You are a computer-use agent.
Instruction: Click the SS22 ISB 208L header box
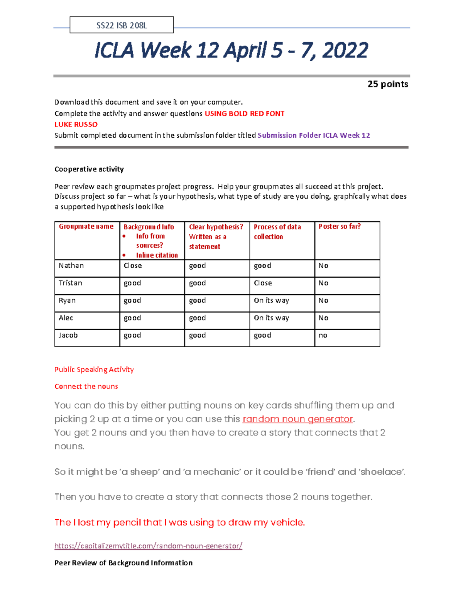click(x=122, y=25)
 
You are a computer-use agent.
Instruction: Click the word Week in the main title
click(x=166, y=51)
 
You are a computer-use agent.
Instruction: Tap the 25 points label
click(x=387, y=84)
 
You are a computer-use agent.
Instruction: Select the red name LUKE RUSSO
click(x=76, y=124)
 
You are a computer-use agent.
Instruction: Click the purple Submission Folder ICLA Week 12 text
click(x=314, y=135)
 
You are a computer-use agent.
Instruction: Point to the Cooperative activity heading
click(x=89, y=169)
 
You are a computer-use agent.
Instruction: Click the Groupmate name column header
click(x=86, y=226)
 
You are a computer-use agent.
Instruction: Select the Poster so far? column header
click(x=340, y=226)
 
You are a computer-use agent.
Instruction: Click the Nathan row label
click(x=71, y=265)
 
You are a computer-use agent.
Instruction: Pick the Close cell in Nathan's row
click(x=133, y=265)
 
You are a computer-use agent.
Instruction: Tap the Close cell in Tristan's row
click(x=263, y=283)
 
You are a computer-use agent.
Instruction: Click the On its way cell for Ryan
click(x=271, y=300)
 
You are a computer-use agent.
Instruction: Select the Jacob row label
click(x=68, y=335)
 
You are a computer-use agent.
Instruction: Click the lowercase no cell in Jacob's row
click(x=323, y=335)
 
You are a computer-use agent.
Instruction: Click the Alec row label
click(x=66, y=318)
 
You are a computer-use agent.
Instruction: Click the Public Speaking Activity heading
click(x=94, y=370)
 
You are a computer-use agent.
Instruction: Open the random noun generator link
click(x=297, y=419)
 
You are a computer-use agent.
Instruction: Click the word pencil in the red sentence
click(x=127, y=522)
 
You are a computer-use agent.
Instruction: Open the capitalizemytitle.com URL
click(x=148, y=546)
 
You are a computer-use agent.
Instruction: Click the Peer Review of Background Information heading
click(x=123, y=563)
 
